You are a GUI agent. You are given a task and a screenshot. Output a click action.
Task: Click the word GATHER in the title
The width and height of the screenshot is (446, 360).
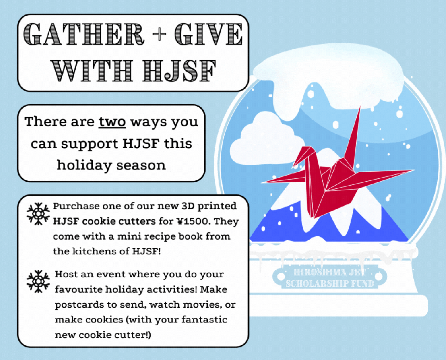(x=84, y=34)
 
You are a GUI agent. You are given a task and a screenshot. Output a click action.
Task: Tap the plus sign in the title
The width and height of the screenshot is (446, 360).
(x=159, y=34)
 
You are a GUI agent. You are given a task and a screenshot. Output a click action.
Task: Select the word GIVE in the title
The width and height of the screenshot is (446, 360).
(x=209, y=34)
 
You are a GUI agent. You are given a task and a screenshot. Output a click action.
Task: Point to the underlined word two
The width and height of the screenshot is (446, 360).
(x=112, y=122)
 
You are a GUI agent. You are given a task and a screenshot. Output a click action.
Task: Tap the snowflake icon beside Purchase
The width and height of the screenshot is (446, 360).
(x=38, y=214)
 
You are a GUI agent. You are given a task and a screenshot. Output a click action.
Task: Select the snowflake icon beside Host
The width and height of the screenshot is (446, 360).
(x=38, y=282)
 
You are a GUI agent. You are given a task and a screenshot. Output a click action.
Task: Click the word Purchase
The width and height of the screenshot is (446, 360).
(x=76, y=206)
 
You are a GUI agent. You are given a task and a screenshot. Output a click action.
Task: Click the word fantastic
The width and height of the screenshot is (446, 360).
(x=204, y=319)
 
